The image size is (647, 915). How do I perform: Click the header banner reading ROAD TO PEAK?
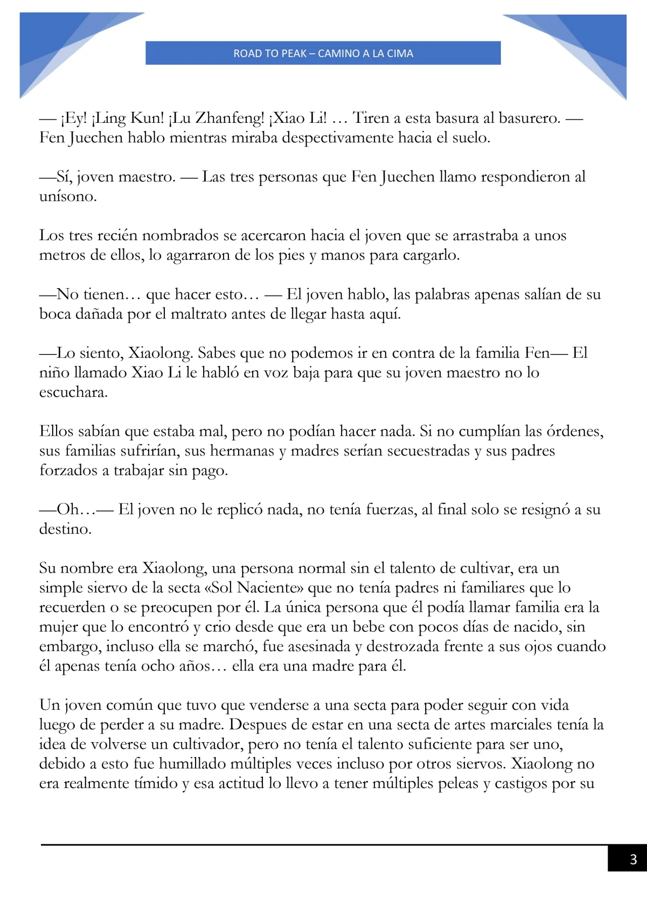pos(323,53)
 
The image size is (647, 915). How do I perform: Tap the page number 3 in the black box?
pos(633,859)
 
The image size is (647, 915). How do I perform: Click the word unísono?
pos(67,197)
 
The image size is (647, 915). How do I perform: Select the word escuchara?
pos(73,393)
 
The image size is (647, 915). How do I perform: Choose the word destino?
pos(65,529)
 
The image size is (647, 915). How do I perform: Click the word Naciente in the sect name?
pos(267,588)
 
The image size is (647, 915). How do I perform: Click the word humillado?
pos(193,764)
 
